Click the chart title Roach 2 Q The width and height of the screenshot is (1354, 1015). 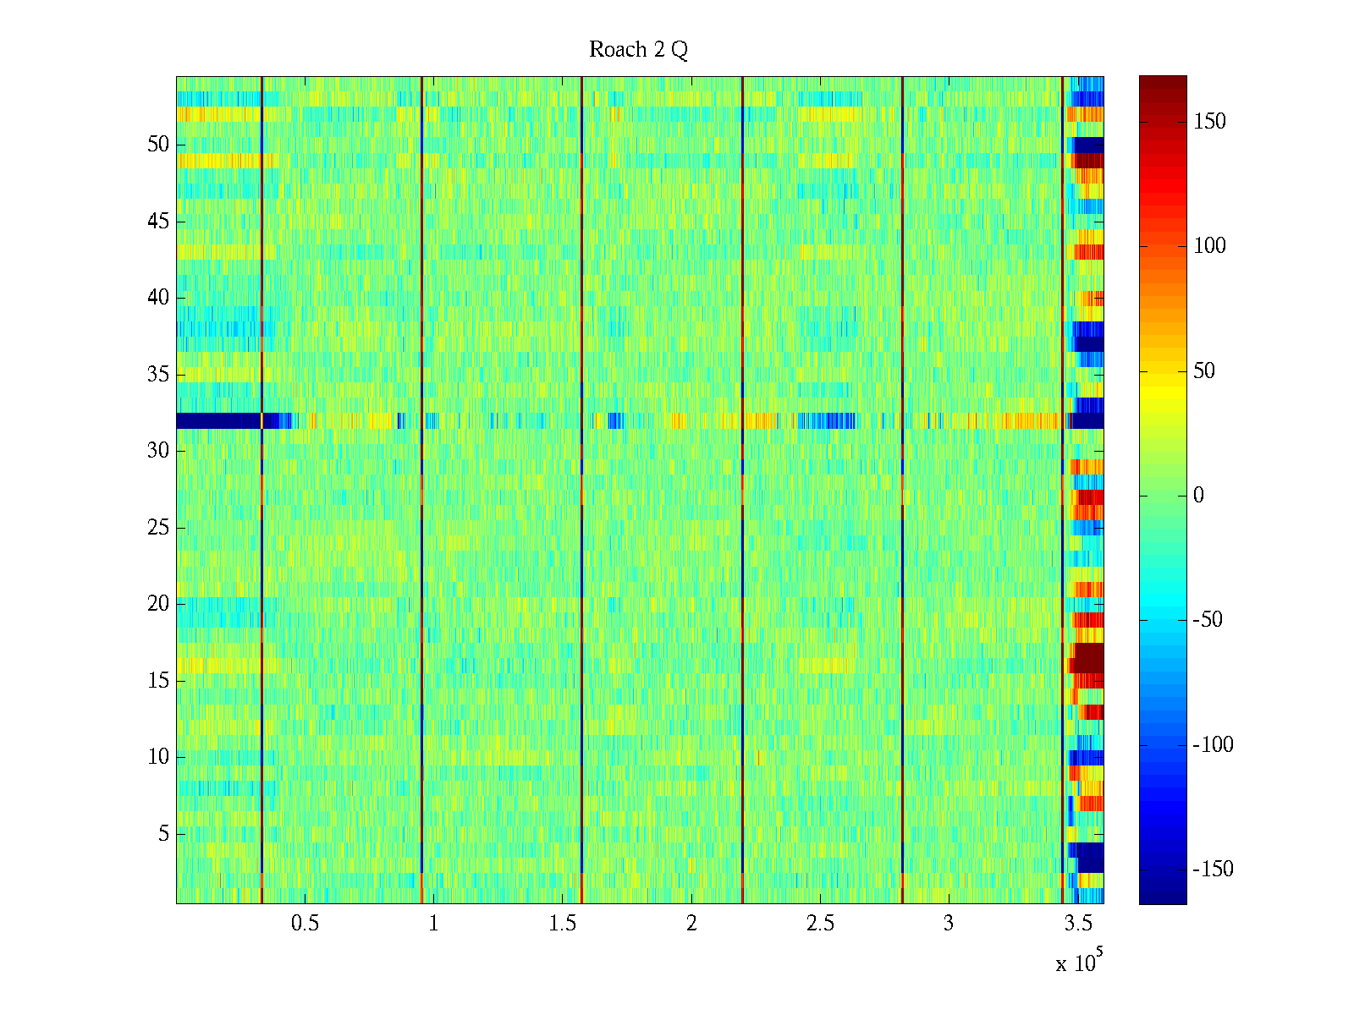[x=638, y=50]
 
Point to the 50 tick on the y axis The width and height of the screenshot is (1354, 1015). [x=158, y=145]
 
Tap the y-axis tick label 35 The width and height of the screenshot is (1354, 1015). [x=158, y=375]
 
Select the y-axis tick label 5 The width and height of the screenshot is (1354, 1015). [x=163, y=834]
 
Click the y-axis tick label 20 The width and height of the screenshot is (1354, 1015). [x=158, y=604]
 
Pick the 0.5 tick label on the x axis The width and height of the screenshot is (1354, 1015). [x=305, y=924]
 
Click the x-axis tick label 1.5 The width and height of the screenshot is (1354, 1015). [x=563, y=924]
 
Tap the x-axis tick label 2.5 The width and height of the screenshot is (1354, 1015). [x=820, y=924]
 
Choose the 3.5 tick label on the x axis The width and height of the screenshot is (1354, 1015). [x=1078, y=924]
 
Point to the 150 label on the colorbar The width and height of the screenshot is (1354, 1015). [x=1209, y=122]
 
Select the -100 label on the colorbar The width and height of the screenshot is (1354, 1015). [x=1213, y=745]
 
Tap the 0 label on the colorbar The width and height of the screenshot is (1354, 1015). [x=1198, y=496]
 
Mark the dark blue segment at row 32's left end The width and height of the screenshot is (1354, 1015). [x=218, y=420]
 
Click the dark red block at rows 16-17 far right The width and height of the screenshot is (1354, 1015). [x=1089, y=658]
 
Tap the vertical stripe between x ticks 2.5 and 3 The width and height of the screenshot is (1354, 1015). [x=902, y=491]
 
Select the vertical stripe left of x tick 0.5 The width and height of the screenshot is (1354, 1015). [x=262, y=491]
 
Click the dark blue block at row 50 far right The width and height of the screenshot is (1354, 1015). [x=1089, y=145]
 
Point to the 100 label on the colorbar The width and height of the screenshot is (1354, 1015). [x=1209, y=246]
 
